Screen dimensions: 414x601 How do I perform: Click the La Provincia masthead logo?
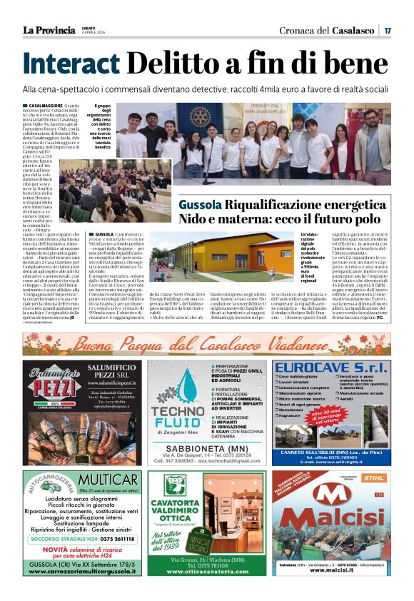point(49,30)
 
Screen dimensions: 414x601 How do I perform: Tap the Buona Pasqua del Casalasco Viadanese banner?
point(206,343)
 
